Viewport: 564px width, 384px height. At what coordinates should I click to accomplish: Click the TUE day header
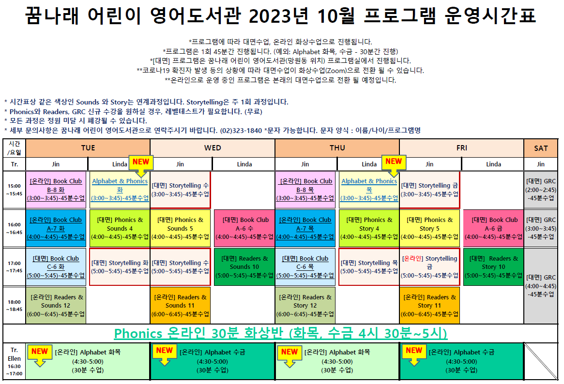88,148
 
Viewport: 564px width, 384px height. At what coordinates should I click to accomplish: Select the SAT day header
541,148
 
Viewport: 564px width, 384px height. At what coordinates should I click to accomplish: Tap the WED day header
213,148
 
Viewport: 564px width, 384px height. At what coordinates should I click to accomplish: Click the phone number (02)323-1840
241,131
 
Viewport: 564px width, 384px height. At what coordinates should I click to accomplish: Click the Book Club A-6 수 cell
244,228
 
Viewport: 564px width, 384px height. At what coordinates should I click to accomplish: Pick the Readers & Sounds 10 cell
244,267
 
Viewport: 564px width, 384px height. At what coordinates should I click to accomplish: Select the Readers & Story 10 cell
493,267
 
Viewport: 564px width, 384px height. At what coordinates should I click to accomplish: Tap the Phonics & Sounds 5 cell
180,228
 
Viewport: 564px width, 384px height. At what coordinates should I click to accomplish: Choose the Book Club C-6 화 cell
56,267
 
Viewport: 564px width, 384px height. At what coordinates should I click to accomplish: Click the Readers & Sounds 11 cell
180,305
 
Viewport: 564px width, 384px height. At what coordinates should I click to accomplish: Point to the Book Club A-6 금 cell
493,228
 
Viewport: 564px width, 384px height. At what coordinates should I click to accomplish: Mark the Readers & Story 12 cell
305,305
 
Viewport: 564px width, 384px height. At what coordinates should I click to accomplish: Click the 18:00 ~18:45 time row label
15,305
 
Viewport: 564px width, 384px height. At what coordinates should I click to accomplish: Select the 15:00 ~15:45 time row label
15,190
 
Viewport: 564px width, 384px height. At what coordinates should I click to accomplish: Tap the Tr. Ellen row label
15,361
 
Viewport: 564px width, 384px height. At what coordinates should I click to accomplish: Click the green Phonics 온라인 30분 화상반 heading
281,333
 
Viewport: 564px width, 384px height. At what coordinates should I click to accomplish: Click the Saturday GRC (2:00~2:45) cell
541,190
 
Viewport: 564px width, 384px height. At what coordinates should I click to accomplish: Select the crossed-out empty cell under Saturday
541,361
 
